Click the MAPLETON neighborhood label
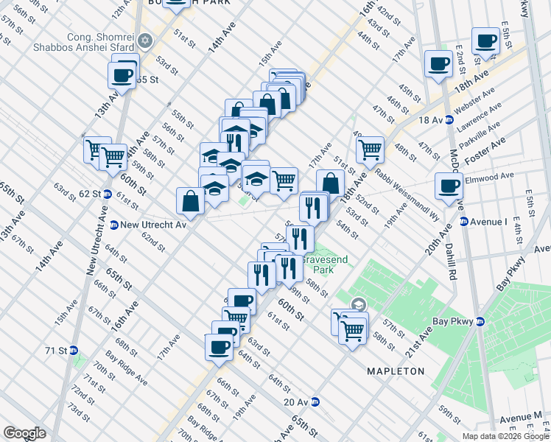(x=396, y=371)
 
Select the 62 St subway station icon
(x=107, y=194)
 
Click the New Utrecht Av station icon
(x=114, y=225)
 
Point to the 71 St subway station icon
(x=74, y=351)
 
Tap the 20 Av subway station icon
(x=315, y=401)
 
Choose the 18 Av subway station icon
(x=449, y=120)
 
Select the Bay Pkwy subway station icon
(x=480, y=321)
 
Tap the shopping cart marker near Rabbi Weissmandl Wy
(x=370, y=149)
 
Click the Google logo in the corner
(x=24, y=432)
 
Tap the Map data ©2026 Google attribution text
(x=505, y=436)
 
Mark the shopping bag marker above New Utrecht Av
(x=190, y=200)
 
